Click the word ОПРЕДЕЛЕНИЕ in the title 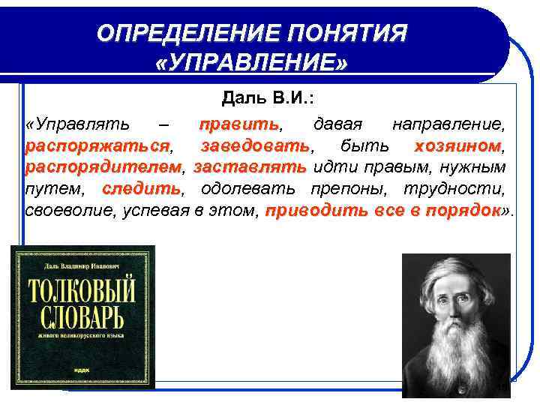179,33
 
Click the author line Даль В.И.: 267,99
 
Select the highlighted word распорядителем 103,166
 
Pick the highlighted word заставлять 249,166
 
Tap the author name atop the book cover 82,263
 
